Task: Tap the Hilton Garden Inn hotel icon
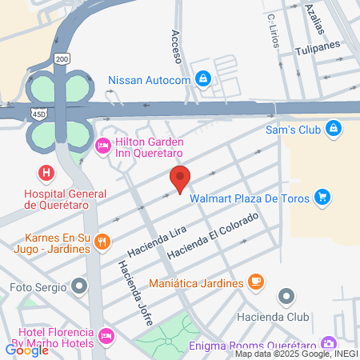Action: click(102, 146)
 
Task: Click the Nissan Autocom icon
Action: click(204, 78)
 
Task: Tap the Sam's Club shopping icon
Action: click(333, 130)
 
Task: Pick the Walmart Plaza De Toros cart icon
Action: click(322, 196)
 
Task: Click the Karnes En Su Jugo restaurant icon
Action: click(102, 241)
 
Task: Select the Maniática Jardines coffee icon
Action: click(255, 282)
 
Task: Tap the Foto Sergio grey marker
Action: click(78, 286)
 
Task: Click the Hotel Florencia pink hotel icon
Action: click(106, 334)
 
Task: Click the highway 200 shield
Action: click(62, 58)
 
